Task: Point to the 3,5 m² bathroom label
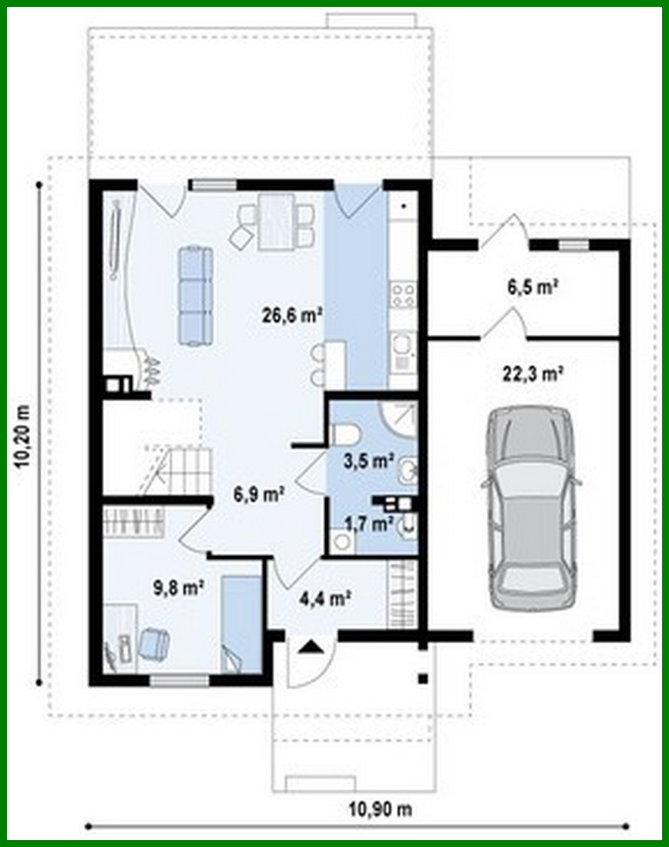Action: point(368,461)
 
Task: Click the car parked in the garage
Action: point(530,509)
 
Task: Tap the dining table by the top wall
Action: point(275,221)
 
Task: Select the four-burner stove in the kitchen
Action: point(403,294)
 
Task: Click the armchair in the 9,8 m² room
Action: point(153,643)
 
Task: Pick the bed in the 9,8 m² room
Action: point(240,623)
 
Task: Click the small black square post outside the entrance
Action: point(422,679)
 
